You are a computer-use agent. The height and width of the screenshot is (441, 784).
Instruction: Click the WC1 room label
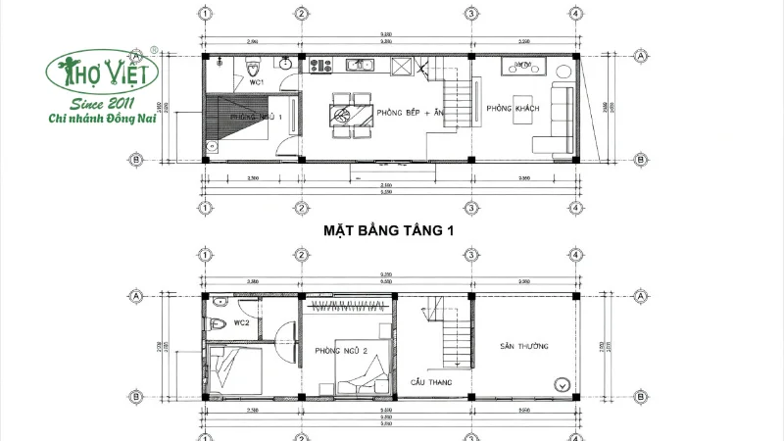pos(257,82)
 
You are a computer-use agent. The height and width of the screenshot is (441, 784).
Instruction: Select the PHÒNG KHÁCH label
pos(509,109)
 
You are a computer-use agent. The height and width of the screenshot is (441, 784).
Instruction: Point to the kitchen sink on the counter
pos(356,66)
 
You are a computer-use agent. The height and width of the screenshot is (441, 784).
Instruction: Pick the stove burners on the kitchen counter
pos(318,66)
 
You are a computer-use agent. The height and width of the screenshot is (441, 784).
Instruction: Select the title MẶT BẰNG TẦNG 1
pos(393,232)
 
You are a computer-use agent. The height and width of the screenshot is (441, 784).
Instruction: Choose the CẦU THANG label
pos(432,380)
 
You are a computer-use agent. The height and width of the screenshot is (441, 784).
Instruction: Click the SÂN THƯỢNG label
pos(521,346)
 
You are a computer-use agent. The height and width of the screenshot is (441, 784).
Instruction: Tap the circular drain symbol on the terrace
pos(561,384)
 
